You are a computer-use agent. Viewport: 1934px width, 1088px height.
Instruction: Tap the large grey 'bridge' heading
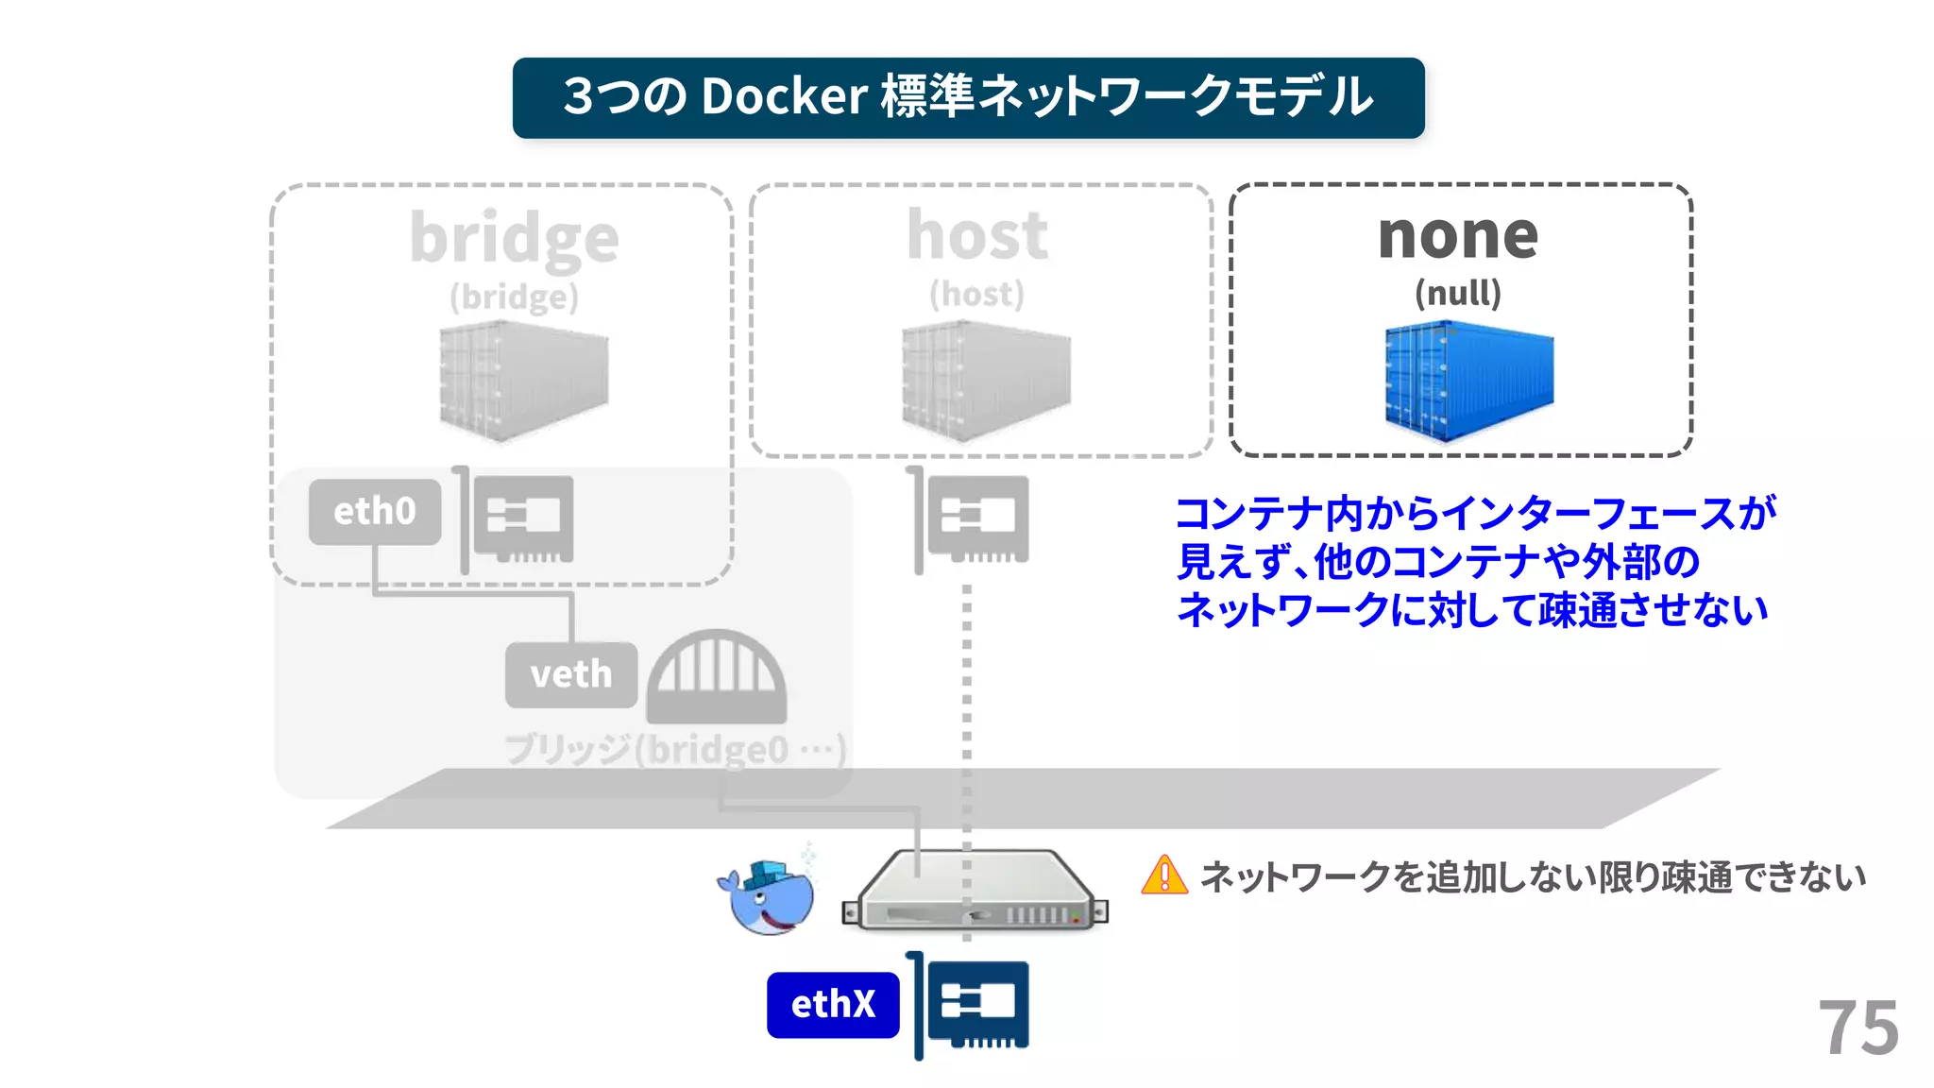515,238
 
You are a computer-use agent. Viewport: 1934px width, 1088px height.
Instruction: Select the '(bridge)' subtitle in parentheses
515,297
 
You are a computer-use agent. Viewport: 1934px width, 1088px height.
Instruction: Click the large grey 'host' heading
977,235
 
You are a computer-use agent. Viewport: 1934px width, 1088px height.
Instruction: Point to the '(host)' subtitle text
977,294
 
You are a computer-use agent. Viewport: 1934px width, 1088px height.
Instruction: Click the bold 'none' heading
1458,235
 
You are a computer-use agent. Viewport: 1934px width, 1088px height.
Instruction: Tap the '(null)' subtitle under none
1458,293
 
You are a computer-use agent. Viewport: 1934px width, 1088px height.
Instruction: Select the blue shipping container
1468,381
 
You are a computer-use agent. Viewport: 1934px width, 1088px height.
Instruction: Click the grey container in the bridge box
524,381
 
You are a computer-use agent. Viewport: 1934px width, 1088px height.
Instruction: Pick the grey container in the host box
986,381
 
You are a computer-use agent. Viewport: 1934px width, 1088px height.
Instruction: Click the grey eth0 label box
375,511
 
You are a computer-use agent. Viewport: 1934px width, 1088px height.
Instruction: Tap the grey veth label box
571,674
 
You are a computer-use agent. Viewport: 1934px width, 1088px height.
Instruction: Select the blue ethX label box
833,1004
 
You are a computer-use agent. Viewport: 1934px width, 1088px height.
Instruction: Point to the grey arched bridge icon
717,676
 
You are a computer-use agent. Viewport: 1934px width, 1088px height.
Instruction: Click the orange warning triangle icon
1164,875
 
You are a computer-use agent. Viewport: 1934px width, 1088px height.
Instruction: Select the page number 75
1858,1028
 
